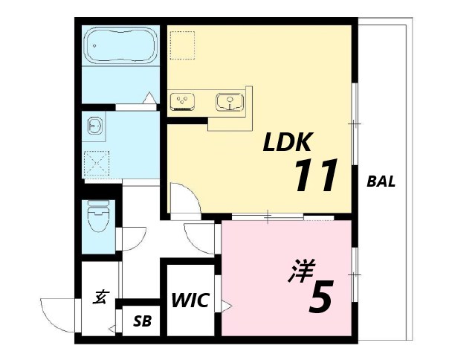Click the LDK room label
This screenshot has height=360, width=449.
pos(287,141)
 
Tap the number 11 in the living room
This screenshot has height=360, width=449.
pos(316,175)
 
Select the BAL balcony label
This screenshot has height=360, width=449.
pos(381,181)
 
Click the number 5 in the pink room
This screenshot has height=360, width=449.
pos(321,297)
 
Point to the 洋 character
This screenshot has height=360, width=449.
pos(302,271)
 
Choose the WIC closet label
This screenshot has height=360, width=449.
pos(190,300)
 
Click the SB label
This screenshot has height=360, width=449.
pos(142,321)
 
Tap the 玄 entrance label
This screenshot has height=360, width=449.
pos(100,297)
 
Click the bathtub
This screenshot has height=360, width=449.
pos(121,45)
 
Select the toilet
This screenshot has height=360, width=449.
pos(98,216)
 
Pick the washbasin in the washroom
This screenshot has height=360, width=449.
pos(95,126)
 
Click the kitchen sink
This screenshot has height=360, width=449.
pos(230,102)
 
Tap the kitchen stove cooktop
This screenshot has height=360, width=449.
pos(182,101)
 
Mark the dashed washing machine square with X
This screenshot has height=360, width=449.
pos(96,163)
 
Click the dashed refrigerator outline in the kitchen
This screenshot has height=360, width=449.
pos(182,45)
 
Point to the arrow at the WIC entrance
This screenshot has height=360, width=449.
pos(226,306)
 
